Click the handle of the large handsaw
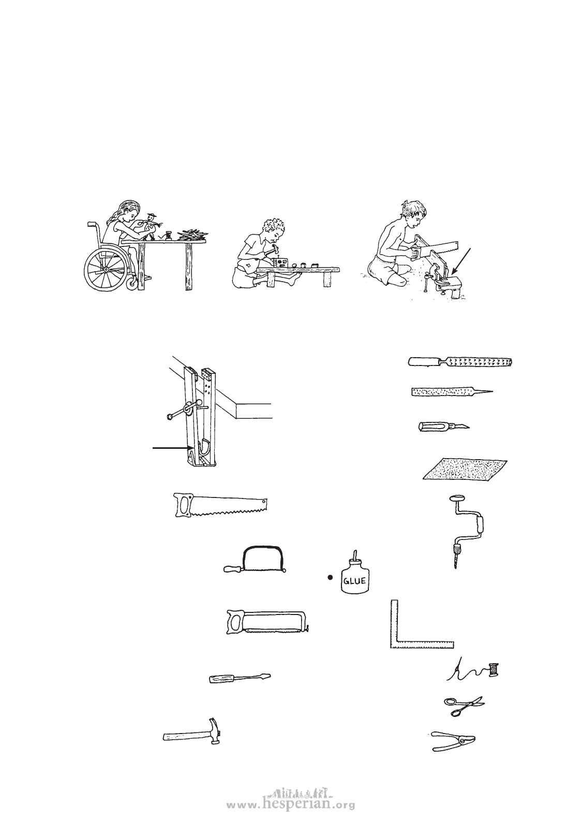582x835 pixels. pyautogui.click(x=185, y=505)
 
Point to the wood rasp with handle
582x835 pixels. pyautogui.click(x=460, y=361)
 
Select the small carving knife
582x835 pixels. pyautogui.click(x=444, y=426)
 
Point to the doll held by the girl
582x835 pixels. pyautogui.click(x=152, y=226)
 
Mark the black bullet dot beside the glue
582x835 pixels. pyautogui.click(x=330, y=578)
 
